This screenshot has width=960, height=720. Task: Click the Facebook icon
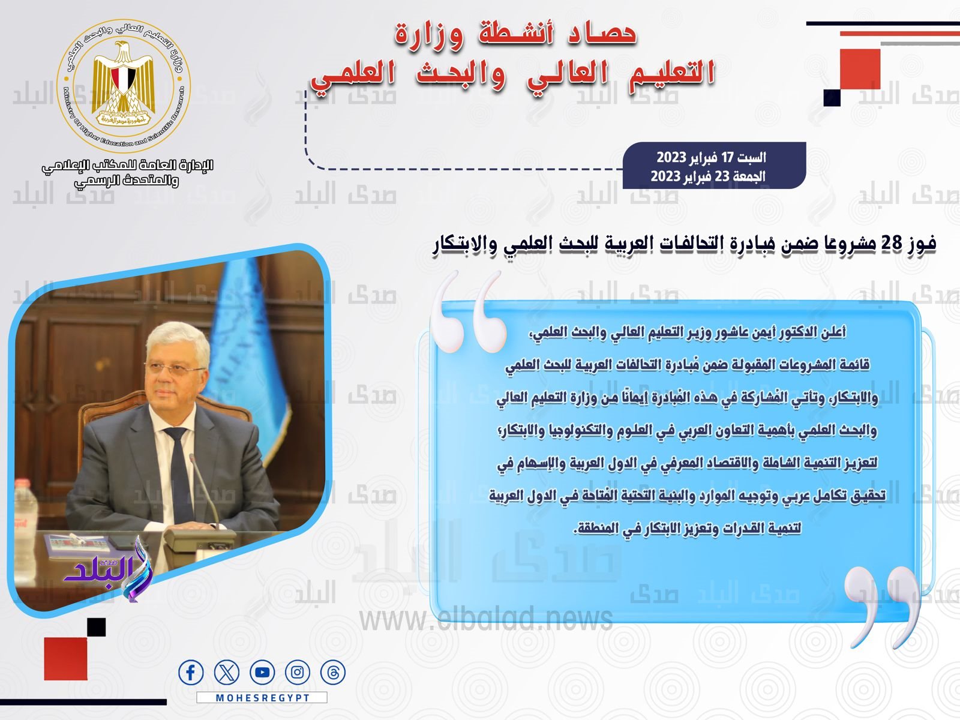pos(191,673)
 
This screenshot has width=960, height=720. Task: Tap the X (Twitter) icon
pos(226,673)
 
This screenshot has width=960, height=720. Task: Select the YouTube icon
pos(262,673)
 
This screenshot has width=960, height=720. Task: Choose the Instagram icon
pos(298,673)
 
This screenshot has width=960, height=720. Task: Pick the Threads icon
pos(333,673)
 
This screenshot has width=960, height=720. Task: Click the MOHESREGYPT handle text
pos(262,698)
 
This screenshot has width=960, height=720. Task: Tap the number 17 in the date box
pos(727,158)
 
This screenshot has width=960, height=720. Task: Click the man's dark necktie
pos(179,474)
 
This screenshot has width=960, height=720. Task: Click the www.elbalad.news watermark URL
pos(486,619)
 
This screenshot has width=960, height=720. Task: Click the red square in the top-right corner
pos(860,69)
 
